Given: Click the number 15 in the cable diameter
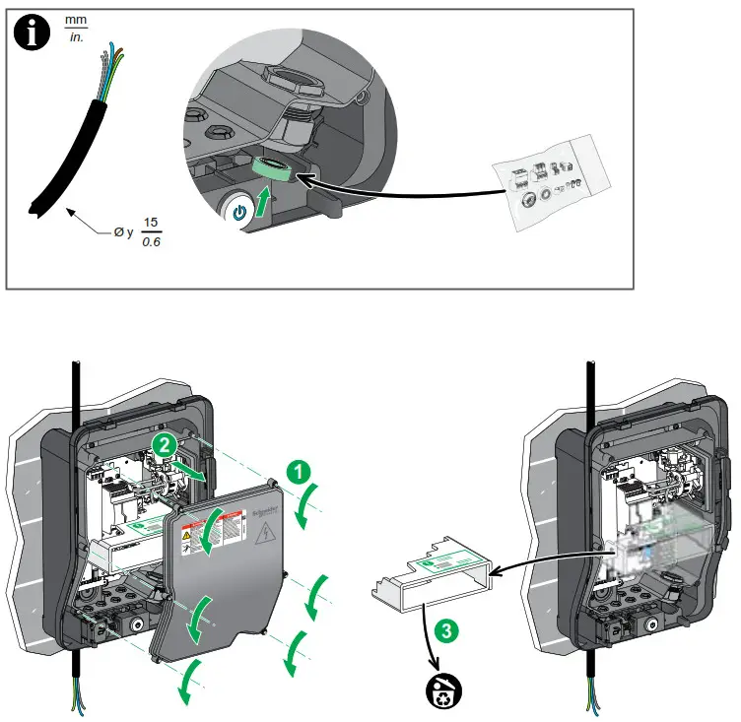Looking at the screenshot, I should tap(151, 223).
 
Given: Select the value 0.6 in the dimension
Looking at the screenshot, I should tap(151, 241).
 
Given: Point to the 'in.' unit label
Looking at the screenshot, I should tap(75, 39).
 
